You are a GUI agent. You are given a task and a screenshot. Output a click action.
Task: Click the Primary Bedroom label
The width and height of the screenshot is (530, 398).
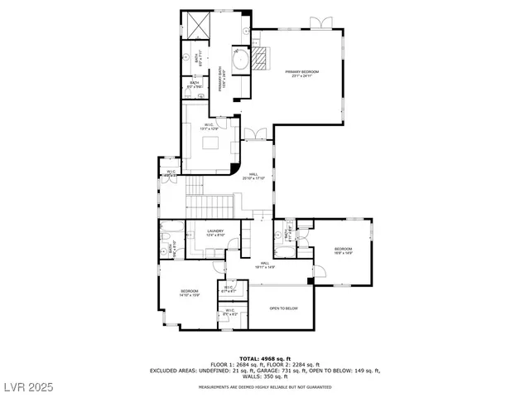(x=302, y=75)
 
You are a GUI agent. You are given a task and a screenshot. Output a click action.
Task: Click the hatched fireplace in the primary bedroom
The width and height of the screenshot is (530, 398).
(x=261, y=59)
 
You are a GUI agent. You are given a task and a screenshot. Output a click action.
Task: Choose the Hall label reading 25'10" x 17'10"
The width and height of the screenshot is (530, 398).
(x=253, y=177)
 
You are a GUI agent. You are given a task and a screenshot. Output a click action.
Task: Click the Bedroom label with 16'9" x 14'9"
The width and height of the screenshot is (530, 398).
(x=344, y=251)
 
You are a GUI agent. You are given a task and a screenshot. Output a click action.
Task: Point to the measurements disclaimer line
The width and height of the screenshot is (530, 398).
(x=264, y=387)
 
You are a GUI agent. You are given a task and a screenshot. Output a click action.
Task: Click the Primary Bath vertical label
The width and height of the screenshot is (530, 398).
(x=221, y=79)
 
